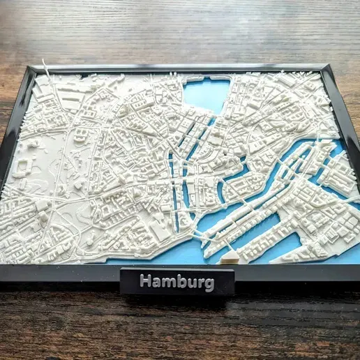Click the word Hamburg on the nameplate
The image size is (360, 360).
coord(177,282)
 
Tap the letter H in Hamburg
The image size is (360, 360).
coord(145,281)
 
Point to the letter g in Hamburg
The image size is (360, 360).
coord(209,285)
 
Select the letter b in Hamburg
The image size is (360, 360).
coord(183,281)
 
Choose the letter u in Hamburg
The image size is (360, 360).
coord(193,283)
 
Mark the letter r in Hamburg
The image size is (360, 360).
coord(201,283)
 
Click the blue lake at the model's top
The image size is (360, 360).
coord(208,93)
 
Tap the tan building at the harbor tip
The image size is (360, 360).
coord(229,257)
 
